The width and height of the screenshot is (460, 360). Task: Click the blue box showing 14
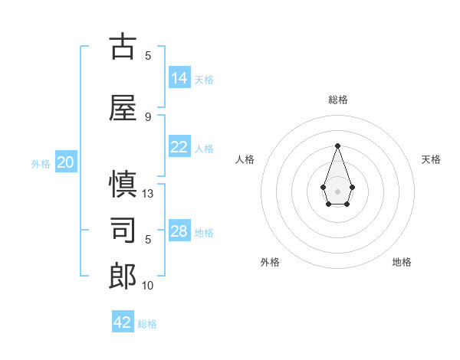pos(179,78)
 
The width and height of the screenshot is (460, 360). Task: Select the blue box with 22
pos(179,147)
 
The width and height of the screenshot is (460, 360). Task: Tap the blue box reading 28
pos(179,231)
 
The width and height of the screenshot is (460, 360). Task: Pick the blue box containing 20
pos(66,162)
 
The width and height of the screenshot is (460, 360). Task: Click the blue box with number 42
pos(123,322)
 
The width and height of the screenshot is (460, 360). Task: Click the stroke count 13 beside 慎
pos(148,194)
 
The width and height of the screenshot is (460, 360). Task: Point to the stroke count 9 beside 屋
pos(148,116)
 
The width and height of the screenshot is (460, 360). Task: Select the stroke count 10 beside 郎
pos(148,285)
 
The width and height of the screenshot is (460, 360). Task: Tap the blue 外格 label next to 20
pos(41,164)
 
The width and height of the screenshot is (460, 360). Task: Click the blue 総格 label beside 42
pos(147,324)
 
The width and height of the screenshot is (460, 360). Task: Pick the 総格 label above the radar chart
pos(338,100)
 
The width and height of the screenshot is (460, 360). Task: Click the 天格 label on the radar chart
pos(431,159)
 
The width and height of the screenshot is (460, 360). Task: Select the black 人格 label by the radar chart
pos(245,159)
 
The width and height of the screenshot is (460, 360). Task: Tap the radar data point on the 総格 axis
pos(337,145)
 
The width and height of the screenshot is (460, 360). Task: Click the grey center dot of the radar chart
pos(337,191)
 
